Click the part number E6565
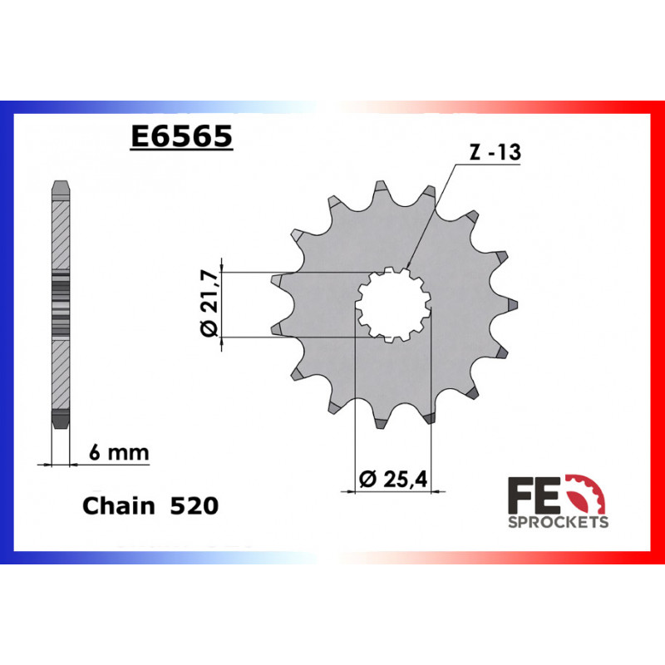click(181, 135)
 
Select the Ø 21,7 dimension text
click(209, 305)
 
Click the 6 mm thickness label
click(118, 453)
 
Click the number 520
click(194, 505)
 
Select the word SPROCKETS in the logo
click(557, 522)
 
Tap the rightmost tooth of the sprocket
click(510, 305)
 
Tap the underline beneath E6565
click(181, 151)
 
